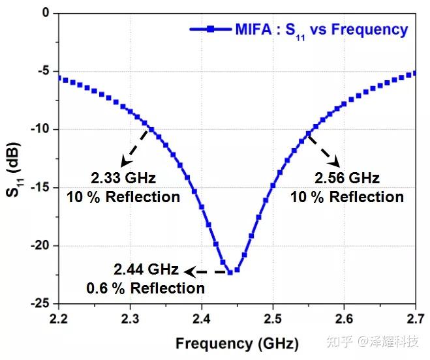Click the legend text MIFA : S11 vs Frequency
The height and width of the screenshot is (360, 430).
pyautogui.click(x=322, y=29)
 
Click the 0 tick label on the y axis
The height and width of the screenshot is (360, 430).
pyautogui.click(x=46, y=13)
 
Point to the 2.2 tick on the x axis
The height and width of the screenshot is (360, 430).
pyautogui.click(x=59, y=318)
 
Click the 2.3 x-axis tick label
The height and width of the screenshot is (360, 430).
pyautogui.click(x=131, y=318)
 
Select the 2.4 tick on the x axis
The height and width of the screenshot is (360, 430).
pyautogui.click(x=202, y=318)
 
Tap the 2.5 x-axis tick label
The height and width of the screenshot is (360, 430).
pyautogui.click(x=273, y=318)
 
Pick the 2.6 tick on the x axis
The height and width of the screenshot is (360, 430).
pyautogui.click(x=345, y=318)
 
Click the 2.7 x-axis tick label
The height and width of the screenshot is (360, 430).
pyautogui.click(x=416, y=318)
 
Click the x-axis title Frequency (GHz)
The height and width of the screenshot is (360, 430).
pyautogui.click(x=237, y=343)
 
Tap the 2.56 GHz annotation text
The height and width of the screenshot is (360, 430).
pyautogui.click(x=347, y=178)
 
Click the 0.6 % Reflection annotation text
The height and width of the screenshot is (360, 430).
pyautogui.click(x=146, y=288)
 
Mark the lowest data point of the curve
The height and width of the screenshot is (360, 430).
pyautogui.click(x=230, y=272)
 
